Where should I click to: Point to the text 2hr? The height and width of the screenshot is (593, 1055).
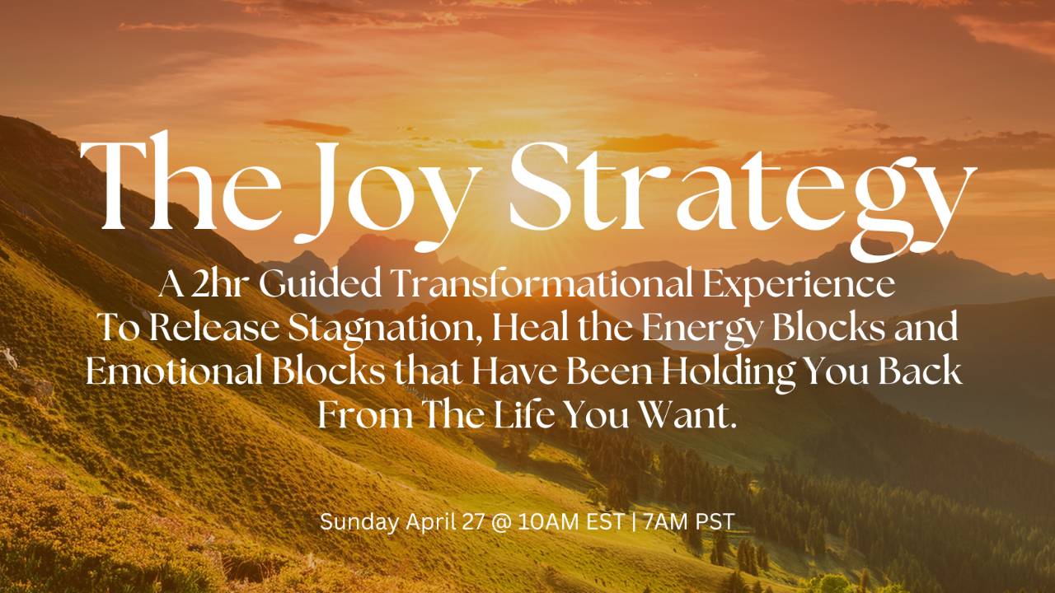tap(222, 285)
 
